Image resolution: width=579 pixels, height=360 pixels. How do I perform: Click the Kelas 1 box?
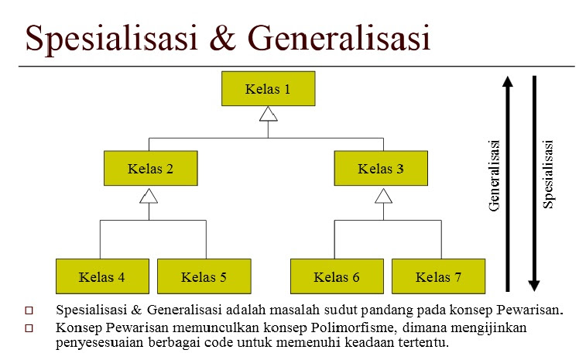pos(268,89)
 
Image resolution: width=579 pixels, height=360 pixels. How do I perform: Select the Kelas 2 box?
pos(150,167)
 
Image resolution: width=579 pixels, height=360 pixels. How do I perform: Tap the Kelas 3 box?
pos(381,167)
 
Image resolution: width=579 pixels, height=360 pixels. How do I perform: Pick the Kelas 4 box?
pos(102,276)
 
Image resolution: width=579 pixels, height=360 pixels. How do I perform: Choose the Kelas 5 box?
pos(204,276)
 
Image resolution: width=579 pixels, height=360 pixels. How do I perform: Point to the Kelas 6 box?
pos(337,276)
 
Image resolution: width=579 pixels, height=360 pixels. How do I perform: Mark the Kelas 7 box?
pos(438,276)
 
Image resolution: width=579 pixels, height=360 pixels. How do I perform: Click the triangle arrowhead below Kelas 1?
pos(268,115)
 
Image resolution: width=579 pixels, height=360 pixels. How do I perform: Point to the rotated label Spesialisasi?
pos(548,174)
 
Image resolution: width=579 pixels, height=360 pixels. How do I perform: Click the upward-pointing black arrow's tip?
pos(507,78)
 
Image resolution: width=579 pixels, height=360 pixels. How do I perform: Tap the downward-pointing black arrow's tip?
pos(534,286)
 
